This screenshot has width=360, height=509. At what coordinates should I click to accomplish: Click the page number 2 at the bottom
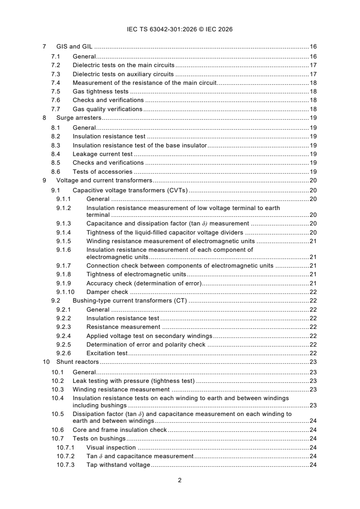pos(180,480)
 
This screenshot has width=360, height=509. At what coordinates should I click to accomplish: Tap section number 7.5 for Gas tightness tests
pos(56,91)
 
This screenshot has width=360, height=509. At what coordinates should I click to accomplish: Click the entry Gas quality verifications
pos(108,109)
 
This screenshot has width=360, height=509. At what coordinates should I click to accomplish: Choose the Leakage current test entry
pos(102,154)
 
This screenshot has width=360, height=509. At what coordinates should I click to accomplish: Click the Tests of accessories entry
pos(103,172)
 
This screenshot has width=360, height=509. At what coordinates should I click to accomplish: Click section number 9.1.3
pos(64,224)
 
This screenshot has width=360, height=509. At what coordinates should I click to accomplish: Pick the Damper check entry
pos(107,292)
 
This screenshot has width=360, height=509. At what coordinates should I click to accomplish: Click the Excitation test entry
pos(107,353)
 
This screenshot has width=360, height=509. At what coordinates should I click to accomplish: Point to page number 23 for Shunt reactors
pos(313,362)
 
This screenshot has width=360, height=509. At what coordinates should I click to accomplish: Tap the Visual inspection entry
pos(111,447)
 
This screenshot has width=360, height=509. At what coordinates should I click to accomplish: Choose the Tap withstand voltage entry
pos(118,465)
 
